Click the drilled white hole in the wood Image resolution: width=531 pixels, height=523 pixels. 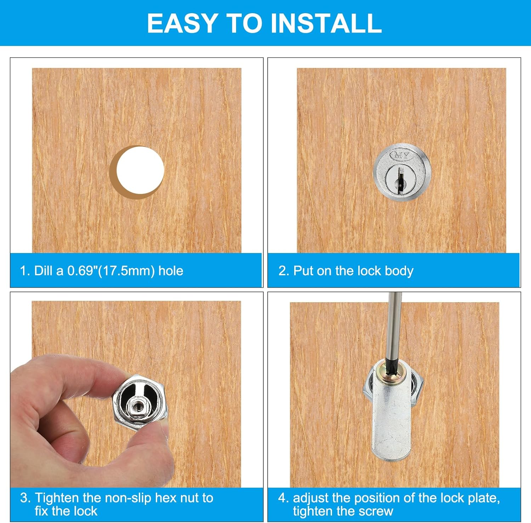tap(140, 171)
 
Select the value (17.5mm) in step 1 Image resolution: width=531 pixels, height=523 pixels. tap(126, 271)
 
